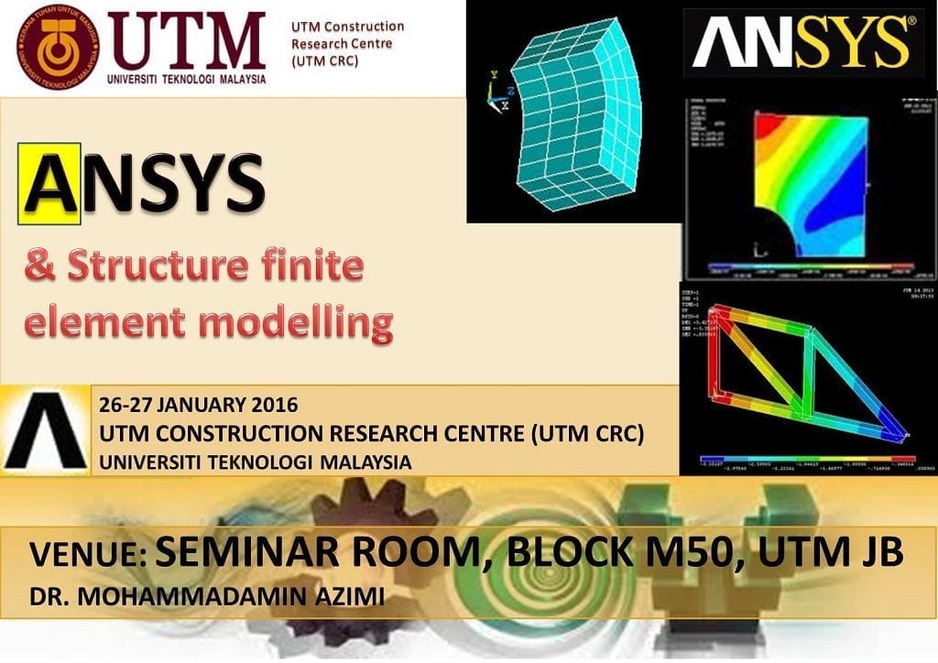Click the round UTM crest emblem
tap(57, 46)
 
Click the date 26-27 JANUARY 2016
tap(199, 404)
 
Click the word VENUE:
tap(87, 555)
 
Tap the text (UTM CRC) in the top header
tap(325, 61)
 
